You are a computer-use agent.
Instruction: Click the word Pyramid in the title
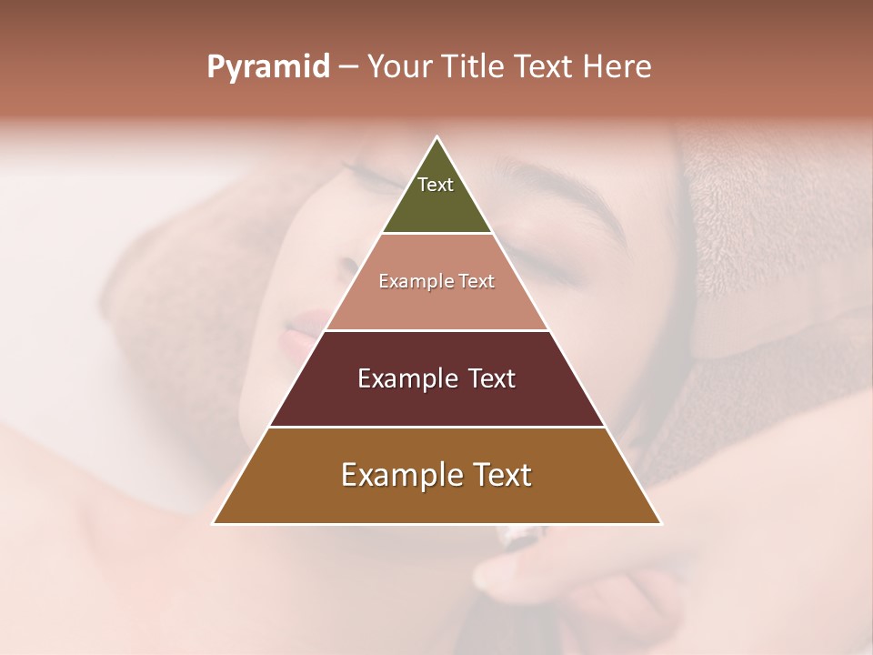[x=268, y=67]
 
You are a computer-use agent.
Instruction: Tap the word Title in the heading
[x=473, y=66]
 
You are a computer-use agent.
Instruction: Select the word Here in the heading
[x=617, y=66]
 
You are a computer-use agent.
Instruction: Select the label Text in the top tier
[x=436, y=185]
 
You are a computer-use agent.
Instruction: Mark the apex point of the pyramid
[x=437, y=137]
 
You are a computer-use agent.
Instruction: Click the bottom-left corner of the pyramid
[x=214, y=523]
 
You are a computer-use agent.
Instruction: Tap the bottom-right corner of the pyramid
[x=660, y=523]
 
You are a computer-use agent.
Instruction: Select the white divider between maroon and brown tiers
[x=436, y=427]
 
